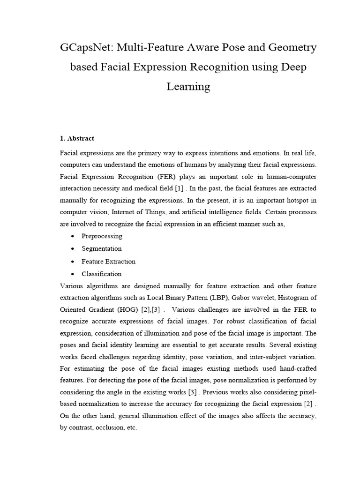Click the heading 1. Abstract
tap(77, 138)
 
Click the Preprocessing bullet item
tap(102, 236)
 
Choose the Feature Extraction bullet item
tap(108, 261)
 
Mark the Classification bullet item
tap(101, 274)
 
